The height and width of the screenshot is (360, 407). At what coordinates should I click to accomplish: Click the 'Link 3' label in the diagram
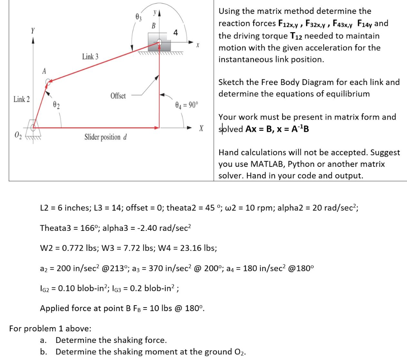(x=90, y=56)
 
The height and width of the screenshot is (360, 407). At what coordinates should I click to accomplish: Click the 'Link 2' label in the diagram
(x=21, y=99)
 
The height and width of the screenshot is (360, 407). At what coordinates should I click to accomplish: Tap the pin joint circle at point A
(x=48, y=82)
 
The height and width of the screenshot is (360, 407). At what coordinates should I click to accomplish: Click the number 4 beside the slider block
(x=176, y=33)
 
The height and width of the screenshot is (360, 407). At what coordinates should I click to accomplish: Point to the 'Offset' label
(x=118, y=96)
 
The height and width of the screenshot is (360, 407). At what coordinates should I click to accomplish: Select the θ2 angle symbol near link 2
(x=56, y=105)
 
